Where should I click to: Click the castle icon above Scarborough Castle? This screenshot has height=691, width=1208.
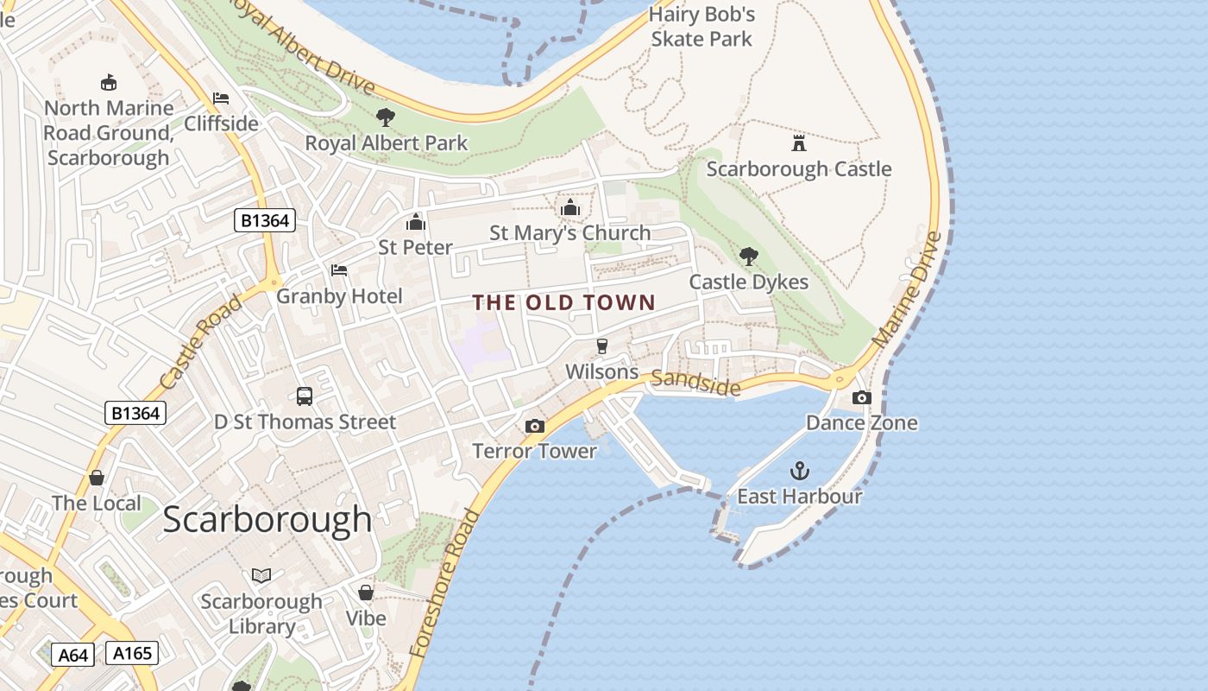pos(799,143)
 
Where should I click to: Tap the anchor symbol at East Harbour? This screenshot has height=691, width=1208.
pos(800,471)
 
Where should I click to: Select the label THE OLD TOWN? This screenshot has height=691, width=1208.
pos(564,302)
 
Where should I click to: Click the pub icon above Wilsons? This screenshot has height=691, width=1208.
pos(602,346)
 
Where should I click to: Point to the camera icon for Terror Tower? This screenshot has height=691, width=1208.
pos(535,426)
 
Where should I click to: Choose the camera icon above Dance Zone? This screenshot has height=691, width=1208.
pos(861,397)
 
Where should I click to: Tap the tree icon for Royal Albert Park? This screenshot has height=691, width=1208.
pos(386,117)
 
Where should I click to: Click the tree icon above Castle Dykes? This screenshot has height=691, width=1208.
pos(748,256)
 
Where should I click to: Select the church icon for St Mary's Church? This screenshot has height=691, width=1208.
pos(569,207)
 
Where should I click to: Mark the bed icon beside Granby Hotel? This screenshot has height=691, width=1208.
pos(339,270)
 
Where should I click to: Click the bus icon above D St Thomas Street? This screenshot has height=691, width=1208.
pos(305,396)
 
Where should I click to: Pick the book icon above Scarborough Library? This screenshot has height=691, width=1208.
pos(261,575)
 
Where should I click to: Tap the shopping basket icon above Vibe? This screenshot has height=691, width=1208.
pos(366,593)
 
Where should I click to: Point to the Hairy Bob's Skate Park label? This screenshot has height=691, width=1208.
pos(702,27)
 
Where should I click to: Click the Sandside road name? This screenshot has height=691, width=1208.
pos(695,383)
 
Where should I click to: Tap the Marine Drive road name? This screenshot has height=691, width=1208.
pos(907,289)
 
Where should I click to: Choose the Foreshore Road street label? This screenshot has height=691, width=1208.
pos(445,583)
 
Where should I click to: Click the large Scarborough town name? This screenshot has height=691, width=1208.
pos(267,519)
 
